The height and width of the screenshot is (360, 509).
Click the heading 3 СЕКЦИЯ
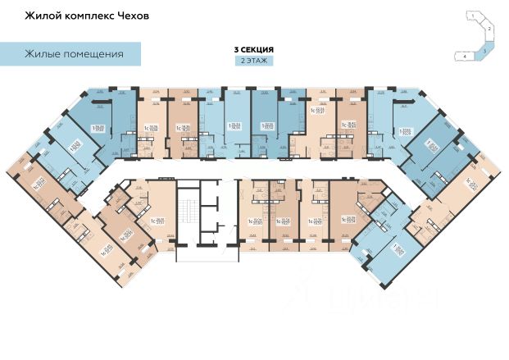(x=254, y=49)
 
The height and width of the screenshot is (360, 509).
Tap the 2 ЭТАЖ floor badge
(x=254, y=61)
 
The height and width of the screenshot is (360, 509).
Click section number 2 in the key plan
(x=489, y=29)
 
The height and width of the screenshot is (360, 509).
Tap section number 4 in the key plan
(x=464, y=56)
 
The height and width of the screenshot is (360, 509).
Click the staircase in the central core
(x=189, y=213)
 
